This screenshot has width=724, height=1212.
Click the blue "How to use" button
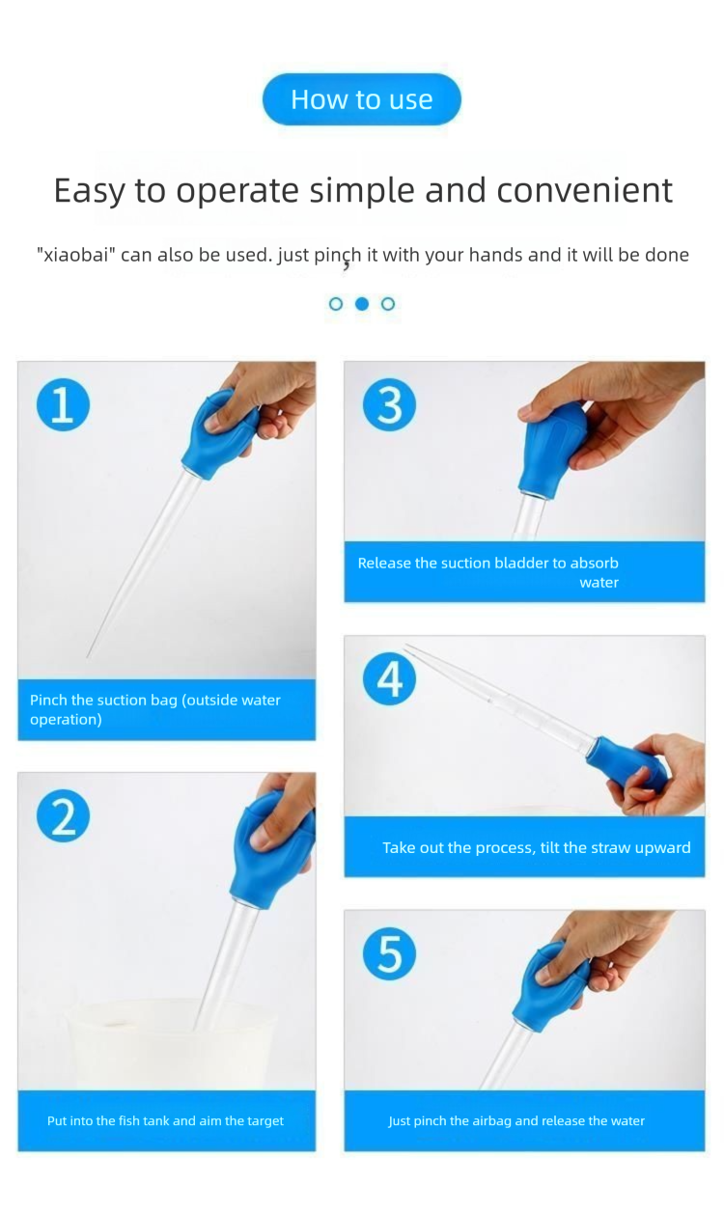tap(361, 99)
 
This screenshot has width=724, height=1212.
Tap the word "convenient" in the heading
tap(584, 190)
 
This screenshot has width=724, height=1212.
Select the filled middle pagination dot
tap(362, 304)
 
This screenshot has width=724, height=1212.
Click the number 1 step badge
tap(63, 404)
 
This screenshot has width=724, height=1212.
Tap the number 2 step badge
tap(63, 816)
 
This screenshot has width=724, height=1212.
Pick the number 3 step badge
tap(389, 404)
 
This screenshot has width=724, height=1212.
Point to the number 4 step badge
tap(389, 678)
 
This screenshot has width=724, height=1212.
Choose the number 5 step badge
tap(389, 952)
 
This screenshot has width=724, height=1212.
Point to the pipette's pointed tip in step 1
tap(87, 657)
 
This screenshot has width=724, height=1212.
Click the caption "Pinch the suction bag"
tap(103, 701)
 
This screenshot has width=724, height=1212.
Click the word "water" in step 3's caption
tap(599, 583)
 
